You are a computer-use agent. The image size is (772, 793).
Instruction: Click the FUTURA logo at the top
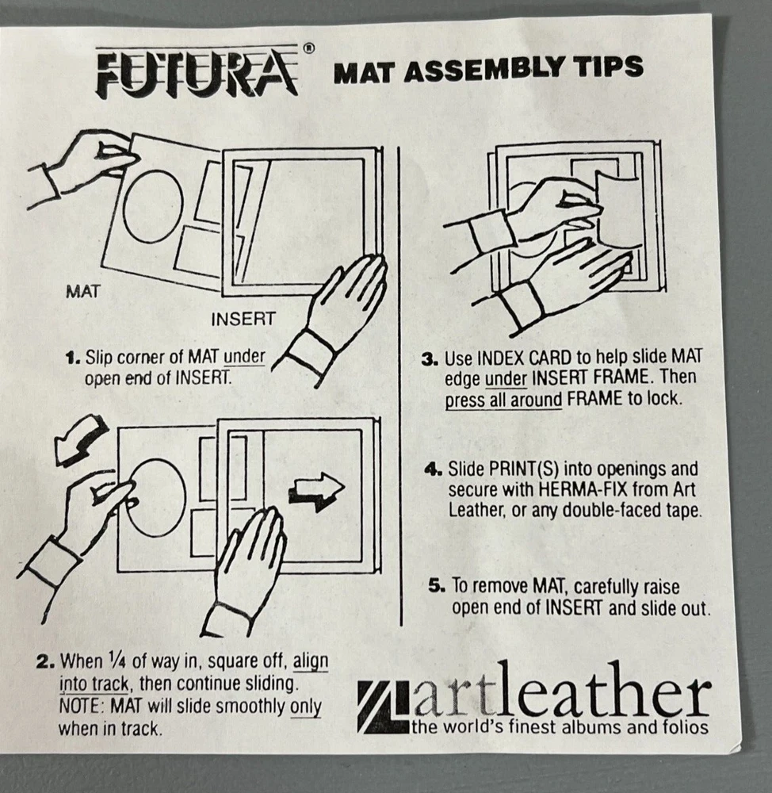tap(197, 73)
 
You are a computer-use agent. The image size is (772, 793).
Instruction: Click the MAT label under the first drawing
tap(83, 292)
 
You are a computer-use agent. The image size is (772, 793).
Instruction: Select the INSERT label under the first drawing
tap(243, 319)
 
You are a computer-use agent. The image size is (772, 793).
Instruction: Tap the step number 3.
tap(430, 359)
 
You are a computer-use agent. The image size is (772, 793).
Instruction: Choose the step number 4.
tap(434, 469)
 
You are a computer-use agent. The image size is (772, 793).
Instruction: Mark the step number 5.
tap(438, 586)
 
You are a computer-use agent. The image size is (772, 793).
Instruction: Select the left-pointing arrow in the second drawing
tap(80, 439)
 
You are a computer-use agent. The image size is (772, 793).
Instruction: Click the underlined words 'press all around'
tap(503, 400)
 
